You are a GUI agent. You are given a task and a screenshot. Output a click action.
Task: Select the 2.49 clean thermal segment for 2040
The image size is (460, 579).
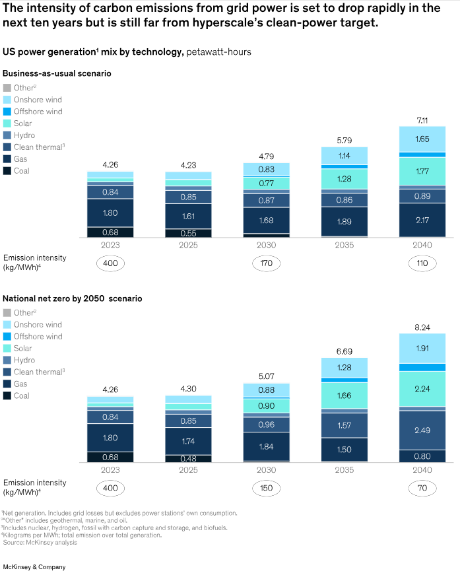(x=422, y=430)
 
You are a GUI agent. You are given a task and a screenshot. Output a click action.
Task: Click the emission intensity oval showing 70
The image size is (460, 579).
(x=422, y=489)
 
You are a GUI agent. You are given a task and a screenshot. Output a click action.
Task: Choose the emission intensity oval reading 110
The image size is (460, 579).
(x=422, y=263)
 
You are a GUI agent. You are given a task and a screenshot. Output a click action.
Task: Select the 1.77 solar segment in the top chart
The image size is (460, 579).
(x=422, y=172)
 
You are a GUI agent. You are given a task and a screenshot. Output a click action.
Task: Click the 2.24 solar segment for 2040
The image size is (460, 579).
(x=422, y=389)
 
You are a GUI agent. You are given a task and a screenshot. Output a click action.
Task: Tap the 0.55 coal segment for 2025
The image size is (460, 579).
(x=189, y=233)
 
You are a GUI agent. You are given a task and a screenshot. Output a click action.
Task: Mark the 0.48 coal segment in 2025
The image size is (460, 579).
(x=189, y=458)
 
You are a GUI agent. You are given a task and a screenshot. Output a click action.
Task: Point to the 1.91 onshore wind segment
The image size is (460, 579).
(x=422, y=348)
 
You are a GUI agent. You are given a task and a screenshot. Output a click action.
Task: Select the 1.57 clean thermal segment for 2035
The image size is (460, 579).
(x=345, y=425)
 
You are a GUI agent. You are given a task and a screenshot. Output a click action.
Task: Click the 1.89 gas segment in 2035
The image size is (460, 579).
(x=345, y=221)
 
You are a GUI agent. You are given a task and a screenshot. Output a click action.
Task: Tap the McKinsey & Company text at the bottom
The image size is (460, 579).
(x=34, y=566)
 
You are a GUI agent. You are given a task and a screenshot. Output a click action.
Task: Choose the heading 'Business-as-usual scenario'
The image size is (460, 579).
(x=57, y=73)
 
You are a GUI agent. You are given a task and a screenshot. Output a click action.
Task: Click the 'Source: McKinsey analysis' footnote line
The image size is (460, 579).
(x=40, y=543)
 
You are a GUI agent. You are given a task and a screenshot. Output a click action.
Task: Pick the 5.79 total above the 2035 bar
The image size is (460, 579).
(x=345, y=140)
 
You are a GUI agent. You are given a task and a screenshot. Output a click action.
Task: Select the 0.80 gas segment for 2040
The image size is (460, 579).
(x=422, y=456)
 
